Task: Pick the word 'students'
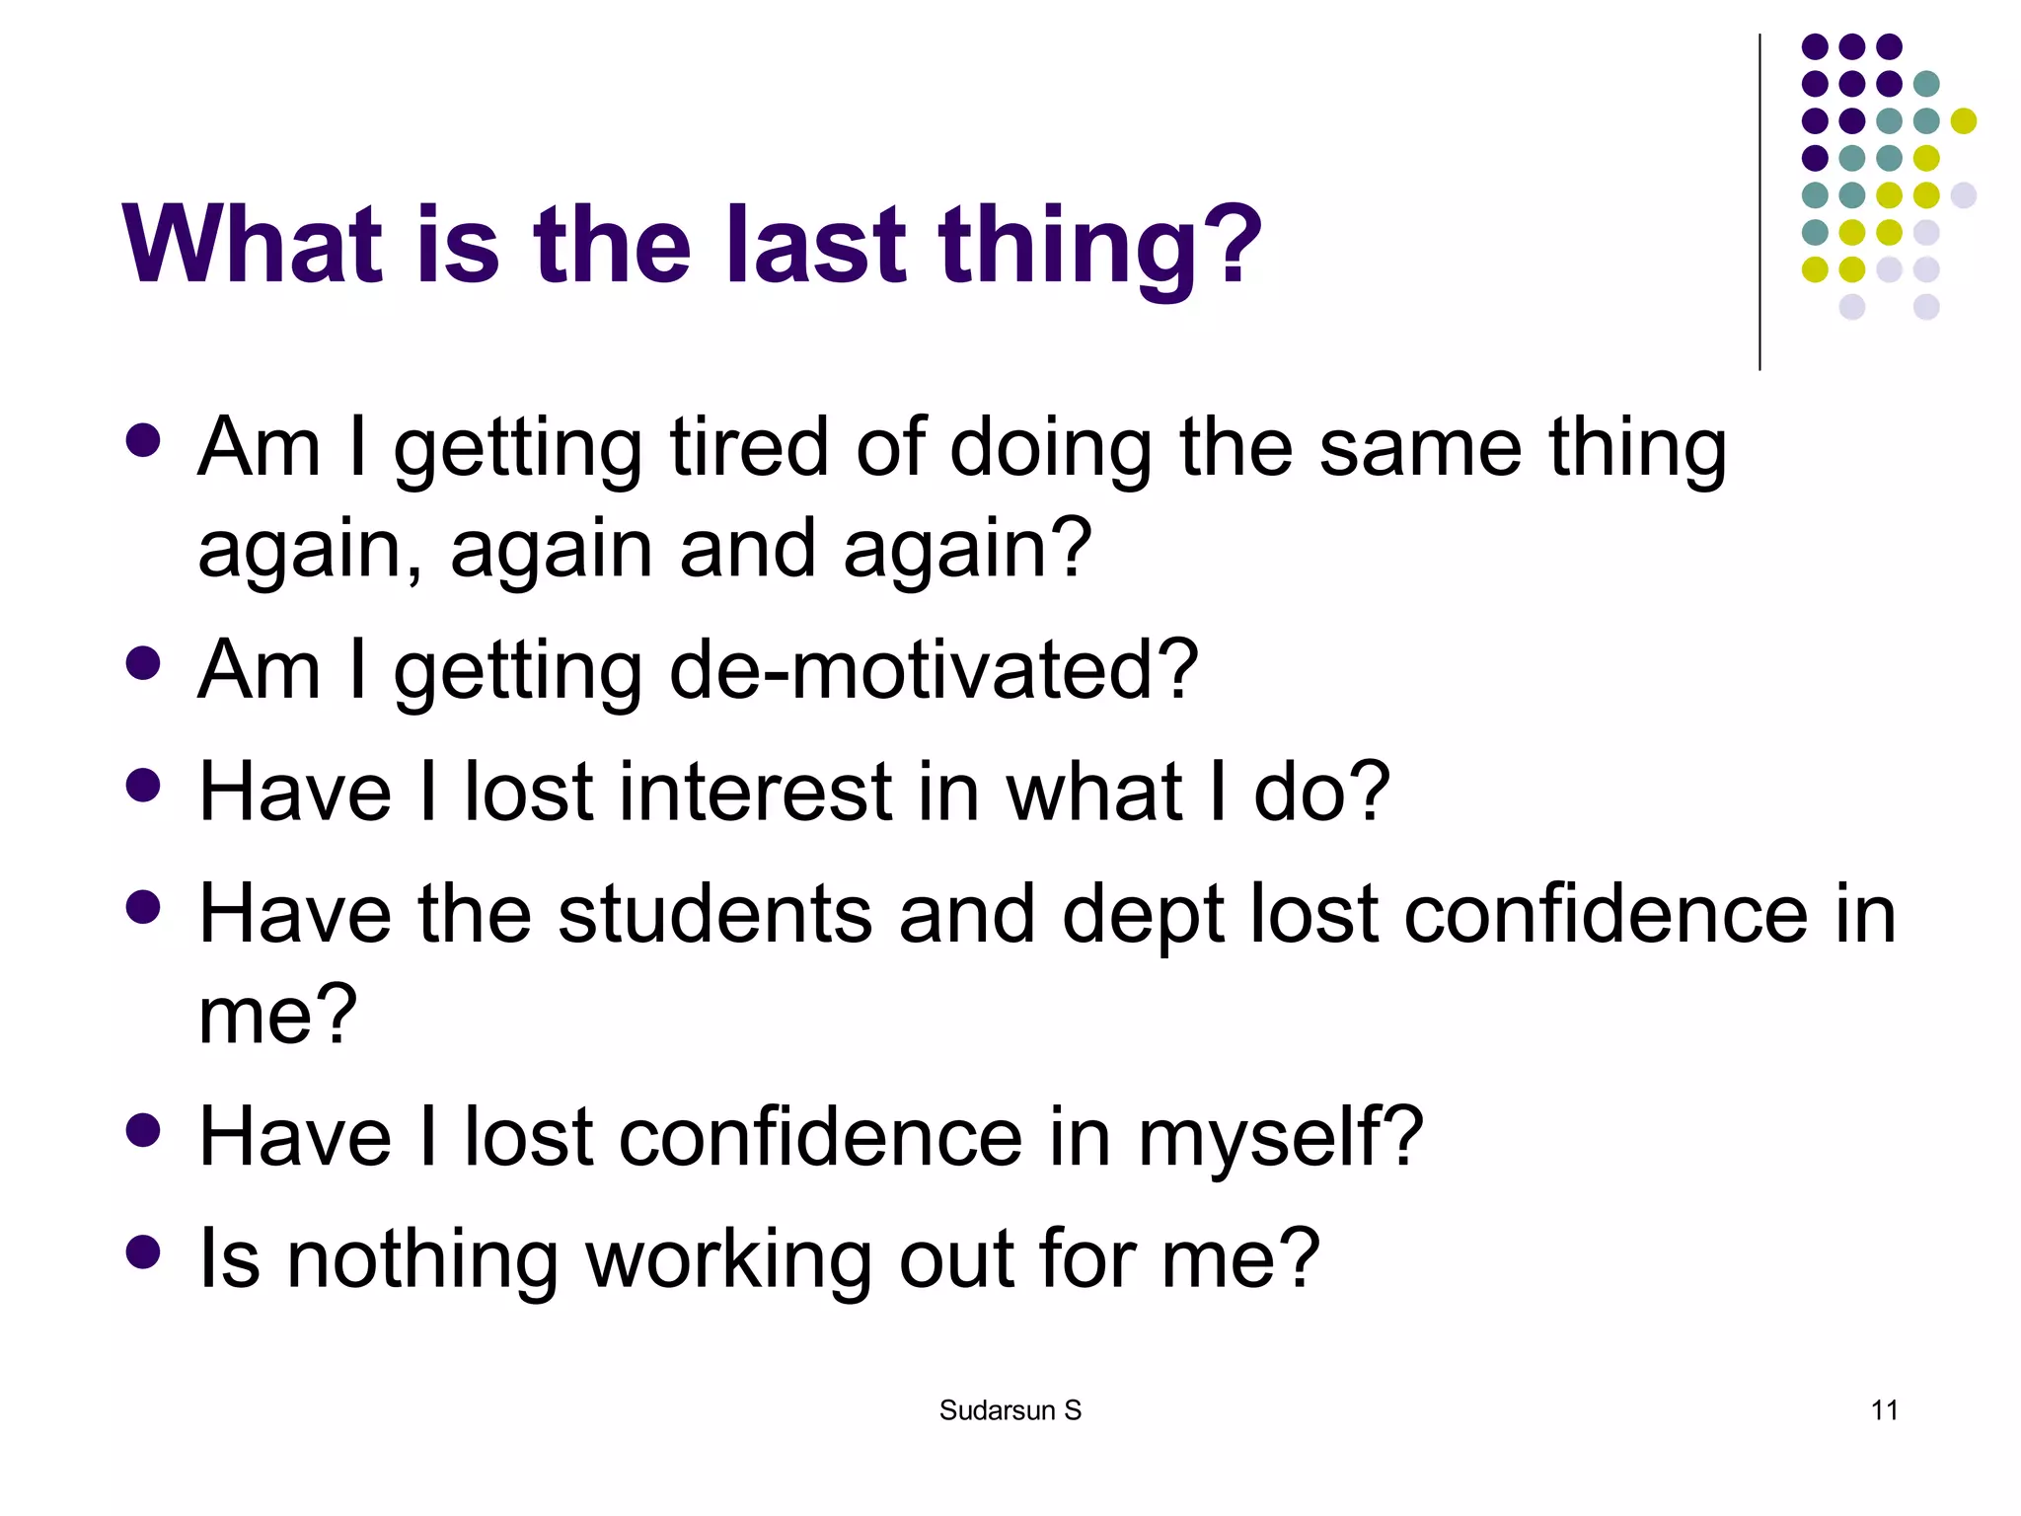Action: pos(714,914)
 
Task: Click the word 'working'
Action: pos(728,1260)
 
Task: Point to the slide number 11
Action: pos(1884,1410)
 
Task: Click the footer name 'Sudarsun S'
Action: pos(1010,1410)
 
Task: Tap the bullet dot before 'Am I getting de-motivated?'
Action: pos(144,663)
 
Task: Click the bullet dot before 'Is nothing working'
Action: pos(144,1251)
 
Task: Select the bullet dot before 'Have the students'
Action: pos(144,907)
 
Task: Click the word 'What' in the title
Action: pos(252,244)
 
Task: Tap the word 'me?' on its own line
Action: pos(277,1016)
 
